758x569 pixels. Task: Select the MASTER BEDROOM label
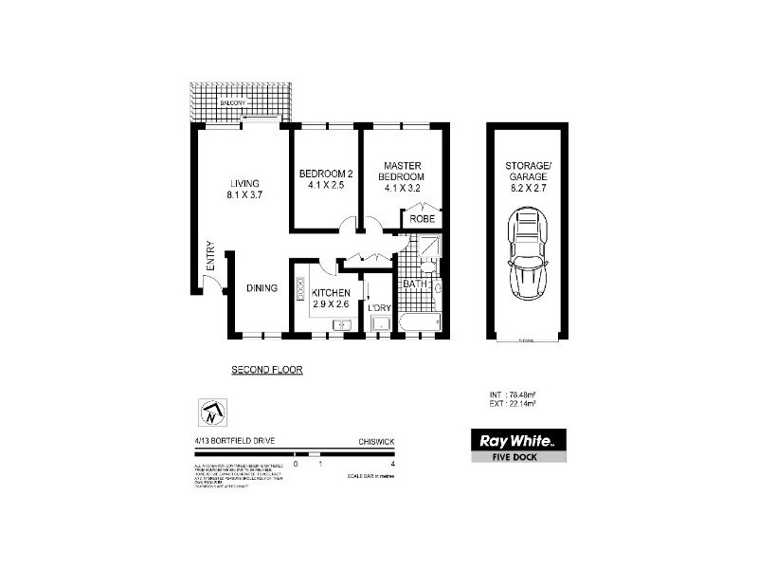[402, 175]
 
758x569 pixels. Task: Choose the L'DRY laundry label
[379, 305]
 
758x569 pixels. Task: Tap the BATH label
[415, 284]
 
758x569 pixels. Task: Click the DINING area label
[262, 289]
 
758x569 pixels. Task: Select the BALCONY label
[231, 101]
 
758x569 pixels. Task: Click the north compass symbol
[210, 413]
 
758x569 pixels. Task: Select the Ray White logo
[518, 439]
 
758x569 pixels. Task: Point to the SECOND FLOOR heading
[267, 370]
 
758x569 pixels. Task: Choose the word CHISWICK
[376, 441]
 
